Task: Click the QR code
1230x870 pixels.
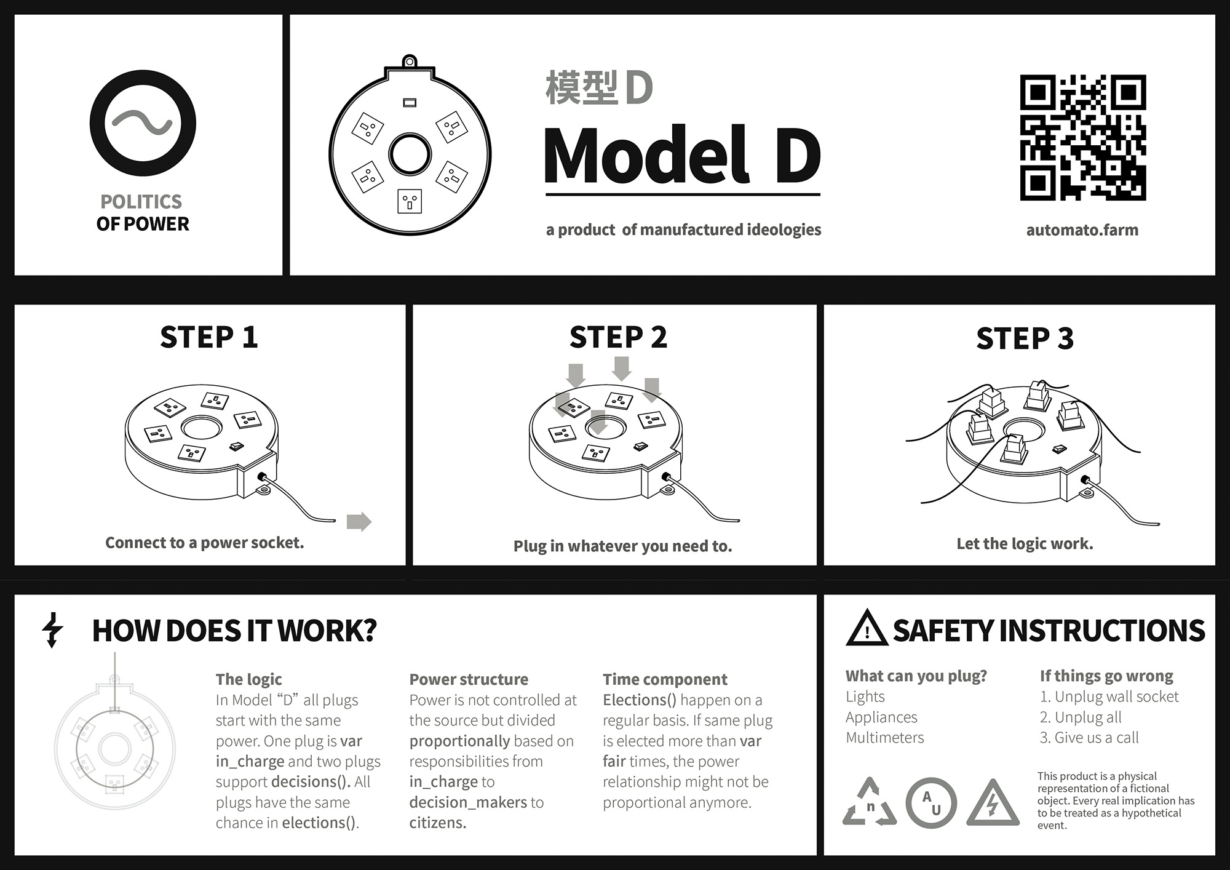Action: click(x=1082, y=138)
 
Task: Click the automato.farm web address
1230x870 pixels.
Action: click(x=1082, y=230)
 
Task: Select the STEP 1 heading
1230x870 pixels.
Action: click(x=208, y=337)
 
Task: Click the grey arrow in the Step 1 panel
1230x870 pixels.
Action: click(x=359, y=522)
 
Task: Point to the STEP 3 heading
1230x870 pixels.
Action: click(x=1025, y=338)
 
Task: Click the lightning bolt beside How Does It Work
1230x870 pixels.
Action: click(x=53, y=630)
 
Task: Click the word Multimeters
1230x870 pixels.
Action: click(x=884, y=737)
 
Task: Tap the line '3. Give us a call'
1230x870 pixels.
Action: click(x=1089, y=737)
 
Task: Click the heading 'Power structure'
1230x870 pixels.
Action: click(x=469, y=679)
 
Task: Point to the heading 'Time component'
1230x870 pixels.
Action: click(x=665, y=679)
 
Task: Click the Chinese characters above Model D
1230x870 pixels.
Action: click(x=581, y=87)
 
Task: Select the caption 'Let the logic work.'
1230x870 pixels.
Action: click(x=1025, y=544)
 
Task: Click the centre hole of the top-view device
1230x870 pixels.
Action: click(x=410, y=154)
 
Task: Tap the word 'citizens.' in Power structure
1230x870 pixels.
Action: click(x=438, y=823)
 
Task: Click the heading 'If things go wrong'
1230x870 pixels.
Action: click(x=1106, y=676)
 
